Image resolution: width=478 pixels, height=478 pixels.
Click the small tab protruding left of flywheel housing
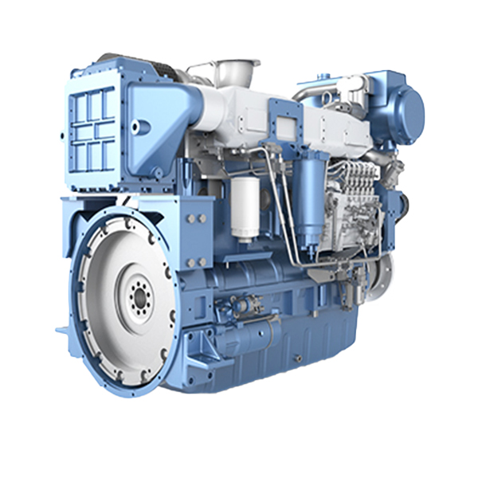point(61,329)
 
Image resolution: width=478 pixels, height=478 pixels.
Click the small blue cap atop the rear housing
point(324,78)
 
